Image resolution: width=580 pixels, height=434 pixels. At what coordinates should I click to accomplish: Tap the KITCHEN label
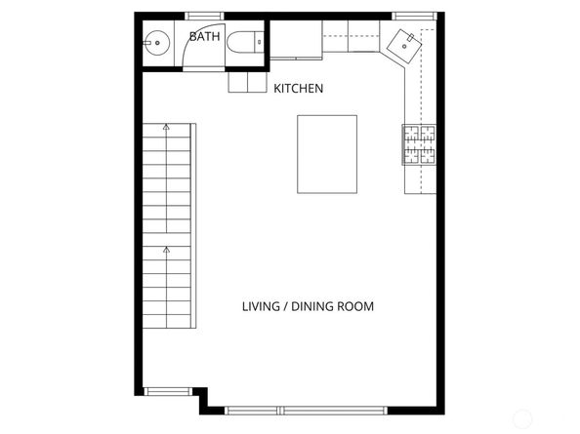click(x=298, y=89)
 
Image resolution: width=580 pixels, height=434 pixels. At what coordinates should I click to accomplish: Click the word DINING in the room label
click(x=313, y=306)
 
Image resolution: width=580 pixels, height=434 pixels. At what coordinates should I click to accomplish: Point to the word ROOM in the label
click(x=356, y=306)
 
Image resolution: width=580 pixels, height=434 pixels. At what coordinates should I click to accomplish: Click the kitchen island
click(x=327, y=155)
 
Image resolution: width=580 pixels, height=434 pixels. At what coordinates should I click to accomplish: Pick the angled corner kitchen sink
click(x=406, y=43)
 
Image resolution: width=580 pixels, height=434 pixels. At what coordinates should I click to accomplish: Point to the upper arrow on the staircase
click(x=166, y=127)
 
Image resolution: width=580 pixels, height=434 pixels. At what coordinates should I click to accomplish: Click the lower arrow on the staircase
click(x=166, y=251)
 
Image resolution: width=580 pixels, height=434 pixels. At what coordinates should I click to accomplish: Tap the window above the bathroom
click(x=204, y=15)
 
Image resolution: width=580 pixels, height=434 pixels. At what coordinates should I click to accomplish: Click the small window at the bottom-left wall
click(x=167, y=392)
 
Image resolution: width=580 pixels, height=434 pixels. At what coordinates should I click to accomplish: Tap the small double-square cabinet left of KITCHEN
click(x=247, y=85)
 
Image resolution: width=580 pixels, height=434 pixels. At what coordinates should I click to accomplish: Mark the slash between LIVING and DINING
click(x=287, y=306)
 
